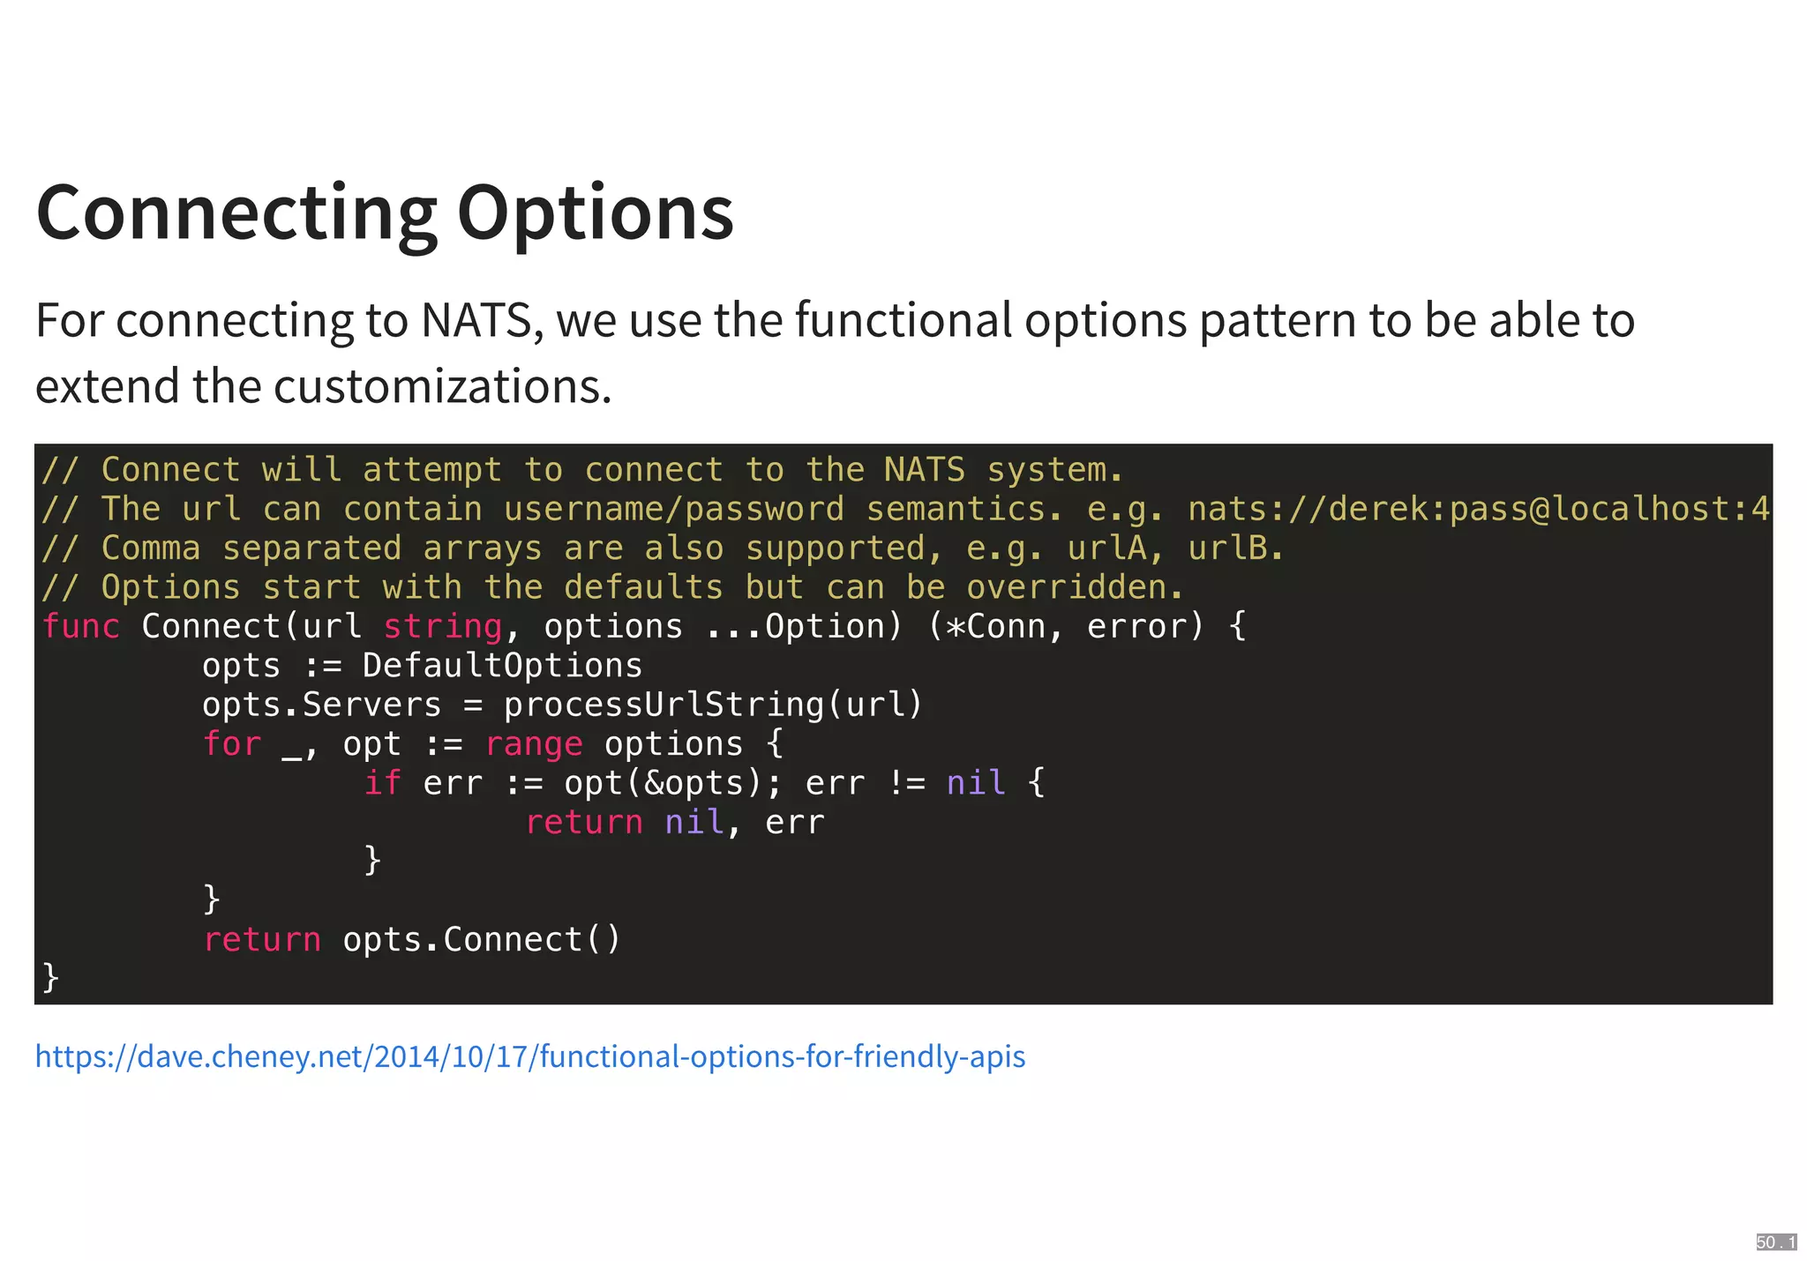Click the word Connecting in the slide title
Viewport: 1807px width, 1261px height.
point(236,214)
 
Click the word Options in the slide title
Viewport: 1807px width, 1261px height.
point(596,214)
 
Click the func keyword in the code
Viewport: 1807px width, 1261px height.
point(81,626)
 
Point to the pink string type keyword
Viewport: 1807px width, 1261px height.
point(442,626)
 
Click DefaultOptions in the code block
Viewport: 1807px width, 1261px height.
point(502,666)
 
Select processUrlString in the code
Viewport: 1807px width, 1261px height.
point(664,705)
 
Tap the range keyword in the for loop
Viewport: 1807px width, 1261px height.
point(534,744)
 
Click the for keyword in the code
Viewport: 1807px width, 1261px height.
point(232,744)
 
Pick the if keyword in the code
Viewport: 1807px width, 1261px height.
point(382,783)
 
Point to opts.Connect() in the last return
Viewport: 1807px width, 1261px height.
point(482,940)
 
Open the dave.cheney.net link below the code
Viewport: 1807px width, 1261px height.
point(530,1056)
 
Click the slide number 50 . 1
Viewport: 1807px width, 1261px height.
point(1775,1242)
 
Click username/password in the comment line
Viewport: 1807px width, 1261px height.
point(673,510)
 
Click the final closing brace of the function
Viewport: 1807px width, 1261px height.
point(51,978)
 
